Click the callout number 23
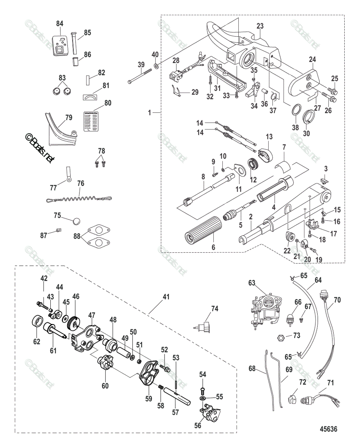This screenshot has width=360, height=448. coord(260,26)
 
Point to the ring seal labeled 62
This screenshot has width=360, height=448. coord(37,321)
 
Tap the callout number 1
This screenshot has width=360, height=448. coord(150,112)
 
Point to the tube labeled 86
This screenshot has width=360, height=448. coord(75,62)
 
